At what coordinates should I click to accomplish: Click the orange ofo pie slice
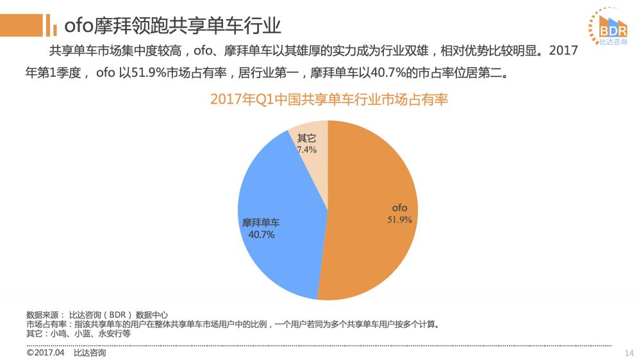click(372, 256)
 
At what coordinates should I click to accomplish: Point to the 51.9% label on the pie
click(399, 220)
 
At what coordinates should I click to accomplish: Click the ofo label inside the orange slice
click(399, 208)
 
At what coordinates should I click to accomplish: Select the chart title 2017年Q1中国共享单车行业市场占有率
click(328, 100)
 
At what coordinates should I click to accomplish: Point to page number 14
click(628, 353)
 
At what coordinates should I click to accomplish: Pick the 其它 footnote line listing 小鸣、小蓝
click(78, 334)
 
